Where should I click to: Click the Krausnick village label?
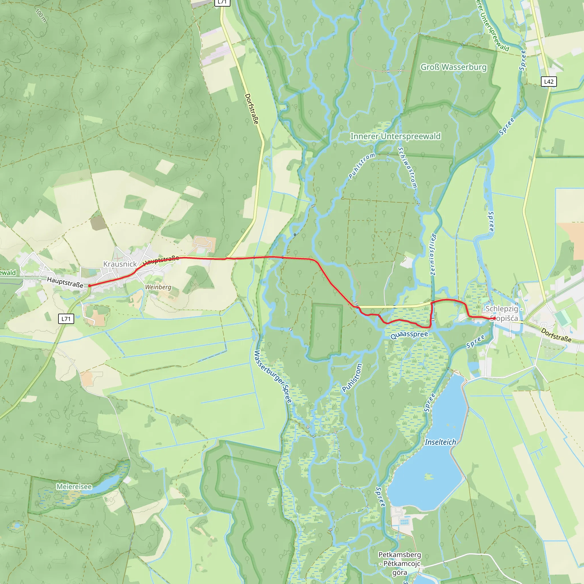click(120, 264)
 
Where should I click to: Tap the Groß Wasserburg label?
click(453, 67)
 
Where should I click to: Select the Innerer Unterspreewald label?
click(395, 136)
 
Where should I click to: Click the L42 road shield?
click(549, 81)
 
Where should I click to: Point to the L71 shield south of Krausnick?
click(66, 319)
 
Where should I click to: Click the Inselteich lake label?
click(440, 442)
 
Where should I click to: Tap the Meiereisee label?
click(74, 487)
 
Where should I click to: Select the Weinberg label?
click(158, 287)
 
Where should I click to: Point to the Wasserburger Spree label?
click(273, 377)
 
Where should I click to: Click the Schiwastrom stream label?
click(407, 168)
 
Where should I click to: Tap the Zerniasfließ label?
click(433, 254)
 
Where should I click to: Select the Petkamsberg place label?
click(399, 563)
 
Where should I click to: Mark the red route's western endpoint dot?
click(90, 285)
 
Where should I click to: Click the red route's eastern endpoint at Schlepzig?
click(493, 318)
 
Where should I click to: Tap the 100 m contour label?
click(41, 15)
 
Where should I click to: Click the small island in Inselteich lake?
click(428, 477)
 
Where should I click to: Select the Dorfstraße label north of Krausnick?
click(252, 109)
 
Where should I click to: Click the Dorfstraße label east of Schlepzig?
click(556, 335)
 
